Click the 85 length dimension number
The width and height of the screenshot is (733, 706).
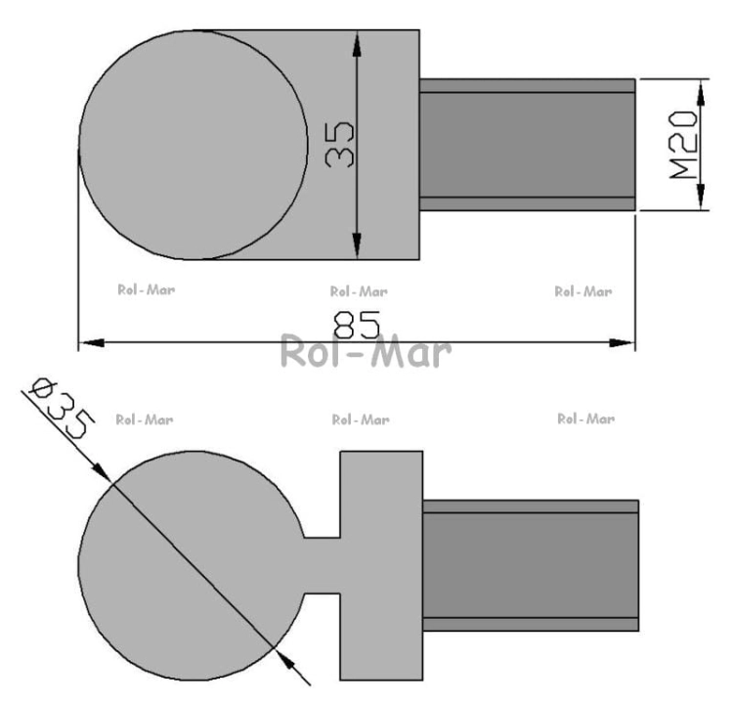point(357,325)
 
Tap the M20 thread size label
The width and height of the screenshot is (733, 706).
point(683,145)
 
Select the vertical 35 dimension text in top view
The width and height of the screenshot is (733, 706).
point(339,145)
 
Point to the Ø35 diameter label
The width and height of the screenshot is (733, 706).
point(62,408)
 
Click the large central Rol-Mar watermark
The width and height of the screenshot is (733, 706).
point(366,350)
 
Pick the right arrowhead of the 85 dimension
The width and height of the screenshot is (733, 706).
point(622,343)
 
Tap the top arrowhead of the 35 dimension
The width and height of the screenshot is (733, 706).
point(357,44)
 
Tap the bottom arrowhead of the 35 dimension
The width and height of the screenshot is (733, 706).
point(357,245)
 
